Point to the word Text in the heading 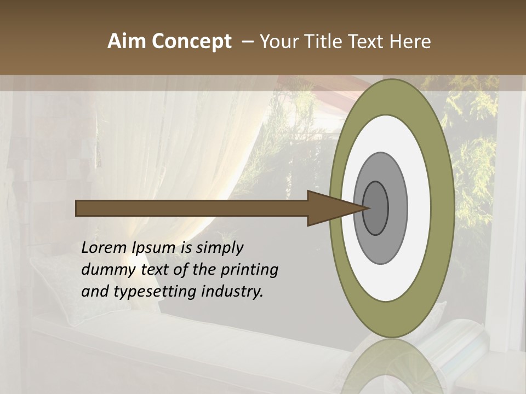click(367, 42)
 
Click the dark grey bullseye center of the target click(376, 208)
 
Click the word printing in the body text click(249, 270)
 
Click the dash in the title click(247, 42)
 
